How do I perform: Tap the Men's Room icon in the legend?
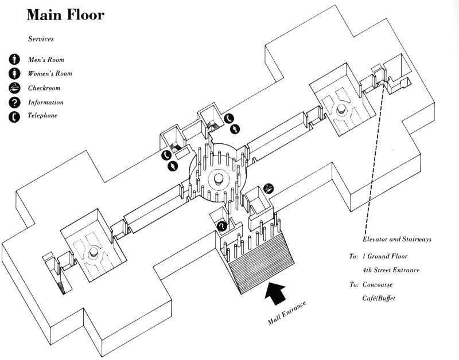(14, 60)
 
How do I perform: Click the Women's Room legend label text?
(50, 74)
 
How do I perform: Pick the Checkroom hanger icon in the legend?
(14, 88)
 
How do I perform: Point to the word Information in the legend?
(46, 103)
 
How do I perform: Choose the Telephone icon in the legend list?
(14, 117)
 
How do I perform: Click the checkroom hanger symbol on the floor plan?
(269, 188)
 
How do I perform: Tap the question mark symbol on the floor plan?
(221, 226)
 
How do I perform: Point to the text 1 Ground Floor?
(388, 257)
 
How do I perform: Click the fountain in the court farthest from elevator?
(92, 253)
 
